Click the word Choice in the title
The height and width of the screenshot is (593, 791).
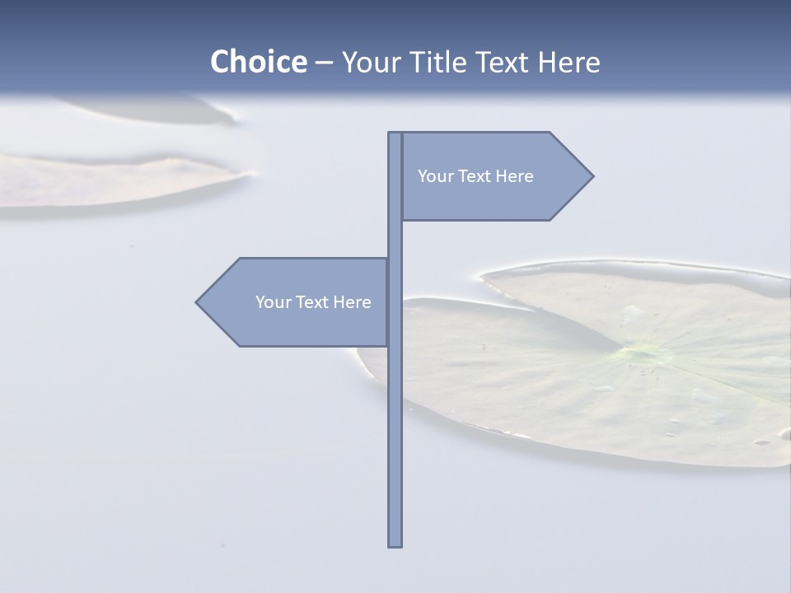[258, 62]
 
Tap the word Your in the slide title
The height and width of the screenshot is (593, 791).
[367, 62]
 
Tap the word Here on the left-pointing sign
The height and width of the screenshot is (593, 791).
[352, 302]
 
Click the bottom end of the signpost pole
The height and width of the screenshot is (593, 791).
[395, 544]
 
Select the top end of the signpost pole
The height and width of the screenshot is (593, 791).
[395, 135]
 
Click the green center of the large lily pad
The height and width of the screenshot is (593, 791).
[644, 354]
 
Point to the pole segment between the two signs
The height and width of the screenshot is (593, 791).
[395, 239]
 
